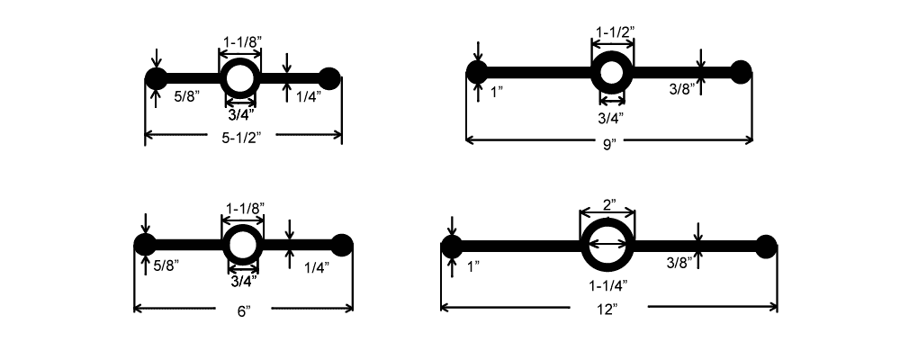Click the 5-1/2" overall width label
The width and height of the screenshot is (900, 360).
click(244, 138)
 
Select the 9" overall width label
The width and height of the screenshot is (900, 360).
click(608, 143)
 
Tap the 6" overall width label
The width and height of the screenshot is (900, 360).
click(242, 310)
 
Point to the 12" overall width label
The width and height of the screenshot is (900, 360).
click(608, 310)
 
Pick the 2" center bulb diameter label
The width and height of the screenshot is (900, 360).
click(608, 204)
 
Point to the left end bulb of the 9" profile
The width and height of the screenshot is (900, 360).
click(477, 72)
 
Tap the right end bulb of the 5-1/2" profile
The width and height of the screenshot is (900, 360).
click(330, 78)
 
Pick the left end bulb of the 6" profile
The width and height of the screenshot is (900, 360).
click(145, 244)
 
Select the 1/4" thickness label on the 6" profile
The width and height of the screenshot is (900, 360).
click(316, 266)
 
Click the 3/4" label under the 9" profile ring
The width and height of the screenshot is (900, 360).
click(611, 116)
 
